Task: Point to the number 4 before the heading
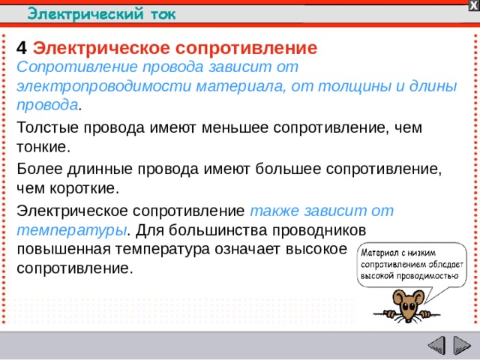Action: click(21, 49)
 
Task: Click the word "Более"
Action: click(37, 168)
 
